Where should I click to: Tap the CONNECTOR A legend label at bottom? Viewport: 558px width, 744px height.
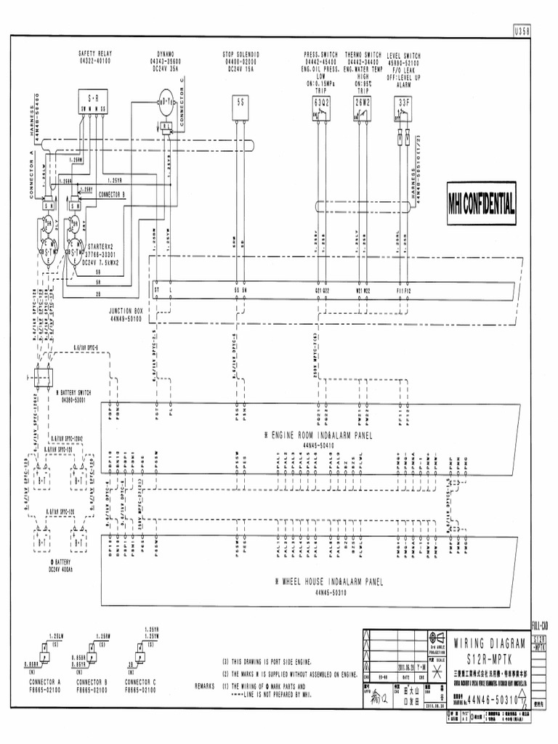click(x=44, y=683)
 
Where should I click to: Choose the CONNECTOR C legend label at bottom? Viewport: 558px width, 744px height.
click(x=141, y=683)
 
